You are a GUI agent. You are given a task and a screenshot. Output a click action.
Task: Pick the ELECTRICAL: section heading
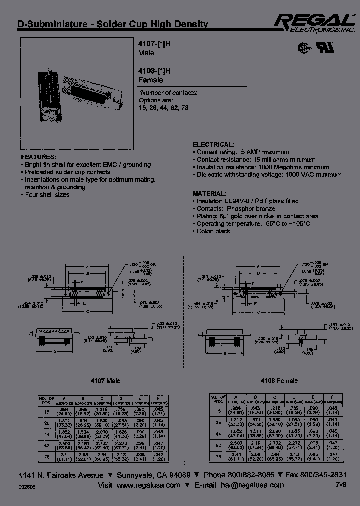tap(213, 144)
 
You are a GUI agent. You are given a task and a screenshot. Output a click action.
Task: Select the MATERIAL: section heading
tap(210, 193)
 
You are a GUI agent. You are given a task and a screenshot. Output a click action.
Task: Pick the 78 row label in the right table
tap(218, 456)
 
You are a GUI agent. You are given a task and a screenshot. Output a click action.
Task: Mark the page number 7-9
tap(339, 485)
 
